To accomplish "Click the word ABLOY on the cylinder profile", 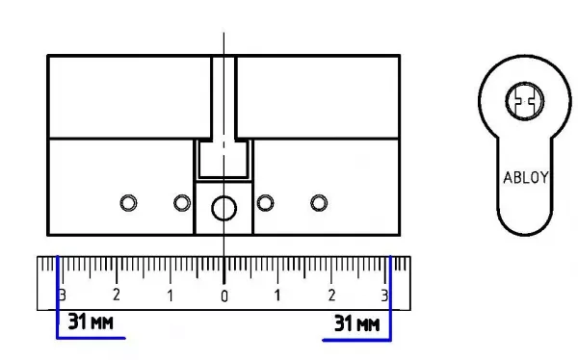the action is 526,178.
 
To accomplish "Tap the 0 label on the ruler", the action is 224,296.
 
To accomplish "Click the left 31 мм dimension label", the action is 91,321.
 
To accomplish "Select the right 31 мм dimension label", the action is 356,323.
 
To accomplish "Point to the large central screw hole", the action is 223,208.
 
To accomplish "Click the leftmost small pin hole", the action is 128,203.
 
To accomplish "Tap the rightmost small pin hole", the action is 319,203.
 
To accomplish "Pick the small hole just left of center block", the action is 182,203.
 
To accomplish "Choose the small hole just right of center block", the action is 265,203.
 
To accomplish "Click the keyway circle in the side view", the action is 525,101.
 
